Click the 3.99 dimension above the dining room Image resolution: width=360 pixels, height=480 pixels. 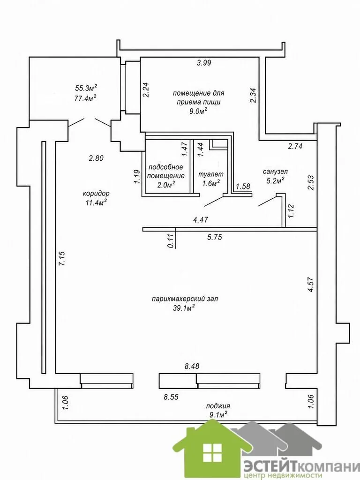click(204, 63)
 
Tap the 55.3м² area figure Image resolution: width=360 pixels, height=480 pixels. click(86, 88)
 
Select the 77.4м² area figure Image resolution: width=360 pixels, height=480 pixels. click(86, 98)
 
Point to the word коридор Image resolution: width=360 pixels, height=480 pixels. click(96, 194)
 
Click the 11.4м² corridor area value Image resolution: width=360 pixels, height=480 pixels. click(96, 202)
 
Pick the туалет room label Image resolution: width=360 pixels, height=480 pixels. click(211, 174)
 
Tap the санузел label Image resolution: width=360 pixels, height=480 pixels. click(275, 172)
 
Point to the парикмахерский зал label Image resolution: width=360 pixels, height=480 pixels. click(185, 299)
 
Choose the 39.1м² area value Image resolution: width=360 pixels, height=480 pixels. click(184, 308)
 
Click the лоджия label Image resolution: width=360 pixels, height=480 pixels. click(217, 406)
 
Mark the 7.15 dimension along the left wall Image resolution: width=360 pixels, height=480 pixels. click(62, 259)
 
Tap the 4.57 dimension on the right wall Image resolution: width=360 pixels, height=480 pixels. click(311, 285)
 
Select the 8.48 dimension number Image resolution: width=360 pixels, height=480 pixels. click(191, 367)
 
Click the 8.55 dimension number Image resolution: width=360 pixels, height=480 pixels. click(171, 397)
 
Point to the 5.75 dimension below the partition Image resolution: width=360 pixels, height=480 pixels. click(214, 237)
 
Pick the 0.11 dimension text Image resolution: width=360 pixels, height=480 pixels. click(171, 241)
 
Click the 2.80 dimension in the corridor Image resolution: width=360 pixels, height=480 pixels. click(96, 158)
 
